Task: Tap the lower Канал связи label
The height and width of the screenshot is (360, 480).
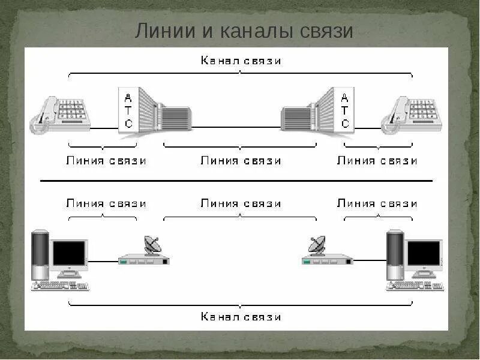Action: coord(241,316)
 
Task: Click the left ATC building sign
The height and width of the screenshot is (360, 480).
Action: coord(128,110)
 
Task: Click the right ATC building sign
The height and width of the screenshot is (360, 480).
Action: coord(344,110)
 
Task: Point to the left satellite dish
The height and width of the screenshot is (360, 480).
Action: coord(153,245)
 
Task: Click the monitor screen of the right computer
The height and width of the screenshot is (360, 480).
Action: coord(424,254)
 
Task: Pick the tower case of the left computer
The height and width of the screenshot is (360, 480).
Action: coord(40,256)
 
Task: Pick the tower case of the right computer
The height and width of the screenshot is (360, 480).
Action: coord(395,256)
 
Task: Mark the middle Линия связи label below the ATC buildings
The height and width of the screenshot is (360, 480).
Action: coord(241,161)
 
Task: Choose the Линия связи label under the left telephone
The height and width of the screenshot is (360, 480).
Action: coord(106,161)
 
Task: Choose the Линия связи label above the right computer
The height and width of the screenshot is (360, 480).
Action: coord(377,203)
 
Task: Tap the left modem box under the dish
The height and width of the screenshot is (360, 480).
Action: coord(144,260)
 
